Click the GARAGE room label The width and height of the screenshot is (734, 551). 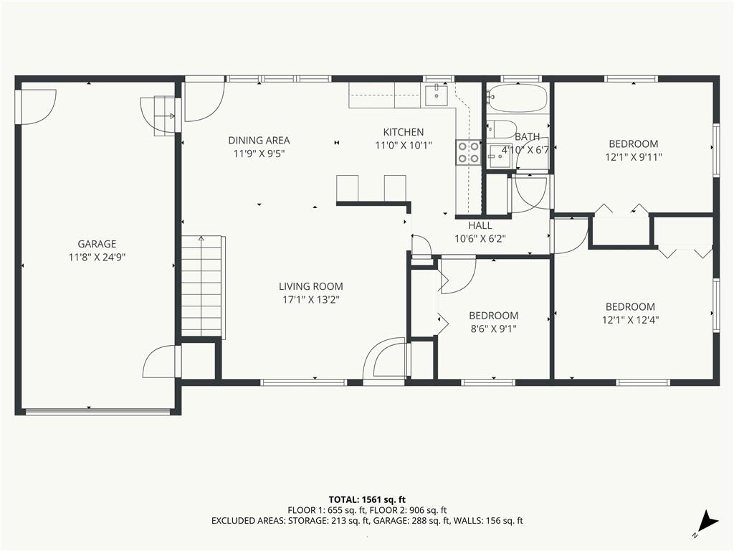(97, 244)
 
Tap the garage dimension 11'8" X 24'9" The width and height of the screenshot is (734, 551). (97, 257)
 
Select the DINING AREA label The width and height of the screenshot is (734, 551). (259, 141)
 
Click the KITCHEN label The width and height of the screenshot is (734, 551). (403, 132)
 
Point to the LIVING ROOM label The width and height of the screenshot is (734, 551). (310, 286)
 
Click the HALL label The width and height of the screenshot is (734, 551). (480, 225)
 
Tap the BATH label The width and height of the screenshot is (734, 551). (527, 137)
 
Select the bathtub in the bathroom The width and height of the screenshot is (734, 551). (518, 98)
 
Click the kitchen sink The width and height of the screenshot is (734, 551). (436, 95)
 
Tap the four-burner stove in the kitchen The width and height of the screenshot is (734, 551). (468, 152)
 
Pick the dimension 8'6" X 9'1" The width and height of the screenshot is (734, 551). (493, 329)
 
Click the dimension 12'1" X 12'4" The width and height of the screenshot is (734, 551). (630, 320)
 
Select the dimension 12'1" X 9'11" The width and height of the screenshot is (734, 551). (633, 156)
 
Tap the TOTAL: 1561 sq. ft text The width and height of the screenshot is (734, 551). (366, 499)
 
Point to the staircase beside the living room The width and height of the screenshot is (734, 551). (203, 286)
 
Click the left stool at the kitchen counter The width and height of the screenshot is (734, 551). (347, 188)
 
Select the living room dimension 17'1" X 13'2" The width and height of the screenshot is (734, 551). (310, 300)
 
